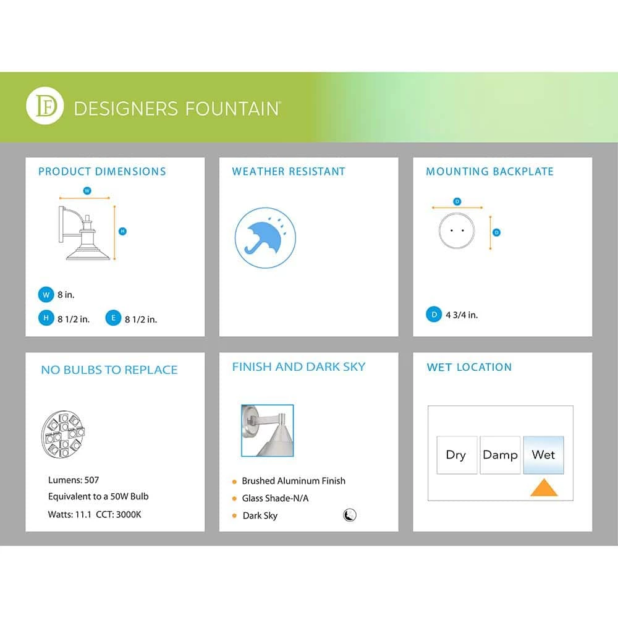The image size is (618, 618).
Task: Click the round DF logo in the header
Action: (x=45, y=106)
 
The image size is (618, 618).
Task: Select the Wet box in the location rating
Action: (x=543, y=455)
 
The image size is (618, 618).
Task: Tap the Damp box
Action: (x=500, y=455)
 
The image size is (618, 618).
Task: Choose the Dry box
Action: (x=456, y=455)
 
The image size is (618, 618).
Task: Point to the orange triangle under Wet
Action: (x=544, y=488)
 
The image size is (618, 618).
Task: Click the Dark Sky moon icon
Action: (x=350, y=515)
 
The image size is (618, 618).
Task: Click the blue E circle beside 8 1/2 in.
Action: (x=113, y=318)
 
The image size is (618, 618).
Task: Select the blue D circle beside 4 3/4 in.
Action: (x=434, y=315)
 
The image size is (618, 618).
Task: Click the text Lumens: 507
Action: (x=74, y=480)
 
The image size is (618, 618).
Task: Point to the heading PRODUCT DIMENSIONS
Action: (x=102, y=171)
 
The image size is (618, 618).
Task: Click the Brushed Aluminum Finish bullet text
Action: (x=294, y=481)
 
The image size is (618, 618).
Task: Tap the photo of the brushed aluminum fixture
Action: (x=267, y=430)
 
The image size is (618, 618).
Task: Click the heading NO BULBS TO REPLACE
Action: (x=109, y=370)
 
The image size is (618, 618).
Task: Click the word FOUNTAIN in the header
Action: (x=229, y=109)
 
